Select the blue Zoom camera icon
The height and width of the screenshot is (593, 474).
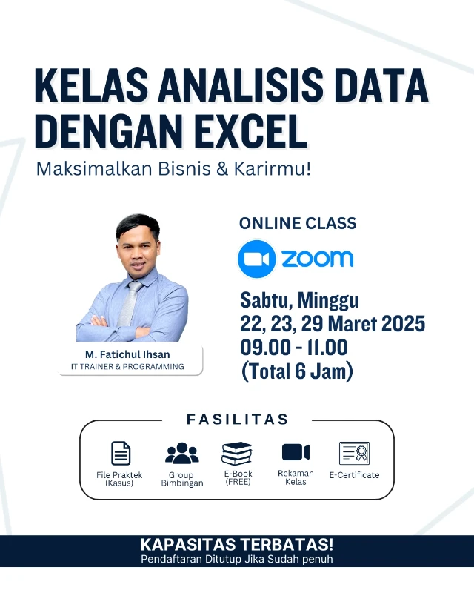pyautogui.click(x=256, y=258)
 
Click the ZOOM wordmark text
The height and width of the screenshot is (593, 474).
pyautogui.click(x=317, y=258)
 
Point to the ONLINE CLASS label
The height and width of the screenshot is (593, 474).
pyautogui.click(x=298, y=223)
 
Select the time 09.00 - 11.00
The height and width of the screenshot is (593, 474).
pyautogui.click(x=293, y=347)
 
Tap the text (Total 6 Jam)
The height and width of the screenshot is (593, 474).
pyautogui.click(x=297, y=370)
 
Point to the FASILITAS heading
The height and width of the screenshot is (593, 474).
pyautogui.click(x=237, y=420)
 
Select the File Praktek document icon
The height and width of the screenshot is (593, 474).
pyautogui.click(x=120, y=453)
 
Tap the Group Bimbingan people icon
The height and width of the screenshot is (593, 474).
pyautogui.click(x=181, y=453)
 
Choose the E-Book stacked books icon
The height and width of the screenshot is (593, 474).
pyautogui.click(x=237, y=453)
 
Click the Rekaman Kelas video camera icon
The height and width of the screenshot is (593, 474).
pyautogui.click(x=296, y=452)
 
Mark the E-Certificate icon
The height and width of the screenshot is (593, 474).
pyautogui.click(x=354, y=453)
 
